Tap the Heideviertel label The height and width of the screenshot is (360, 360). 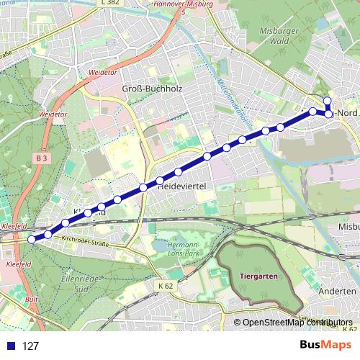point(182,186)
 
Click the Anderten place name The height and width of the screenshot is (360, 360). point(342,291)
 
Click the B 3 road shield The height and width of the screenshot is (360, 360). point(40,156)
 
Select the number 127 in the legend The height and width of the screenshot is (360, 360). point(30,346)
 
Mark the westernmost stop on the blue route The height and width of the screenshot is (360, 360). point(31,239)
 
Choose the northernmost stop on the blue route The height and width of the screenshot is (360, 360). point(327,101)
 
